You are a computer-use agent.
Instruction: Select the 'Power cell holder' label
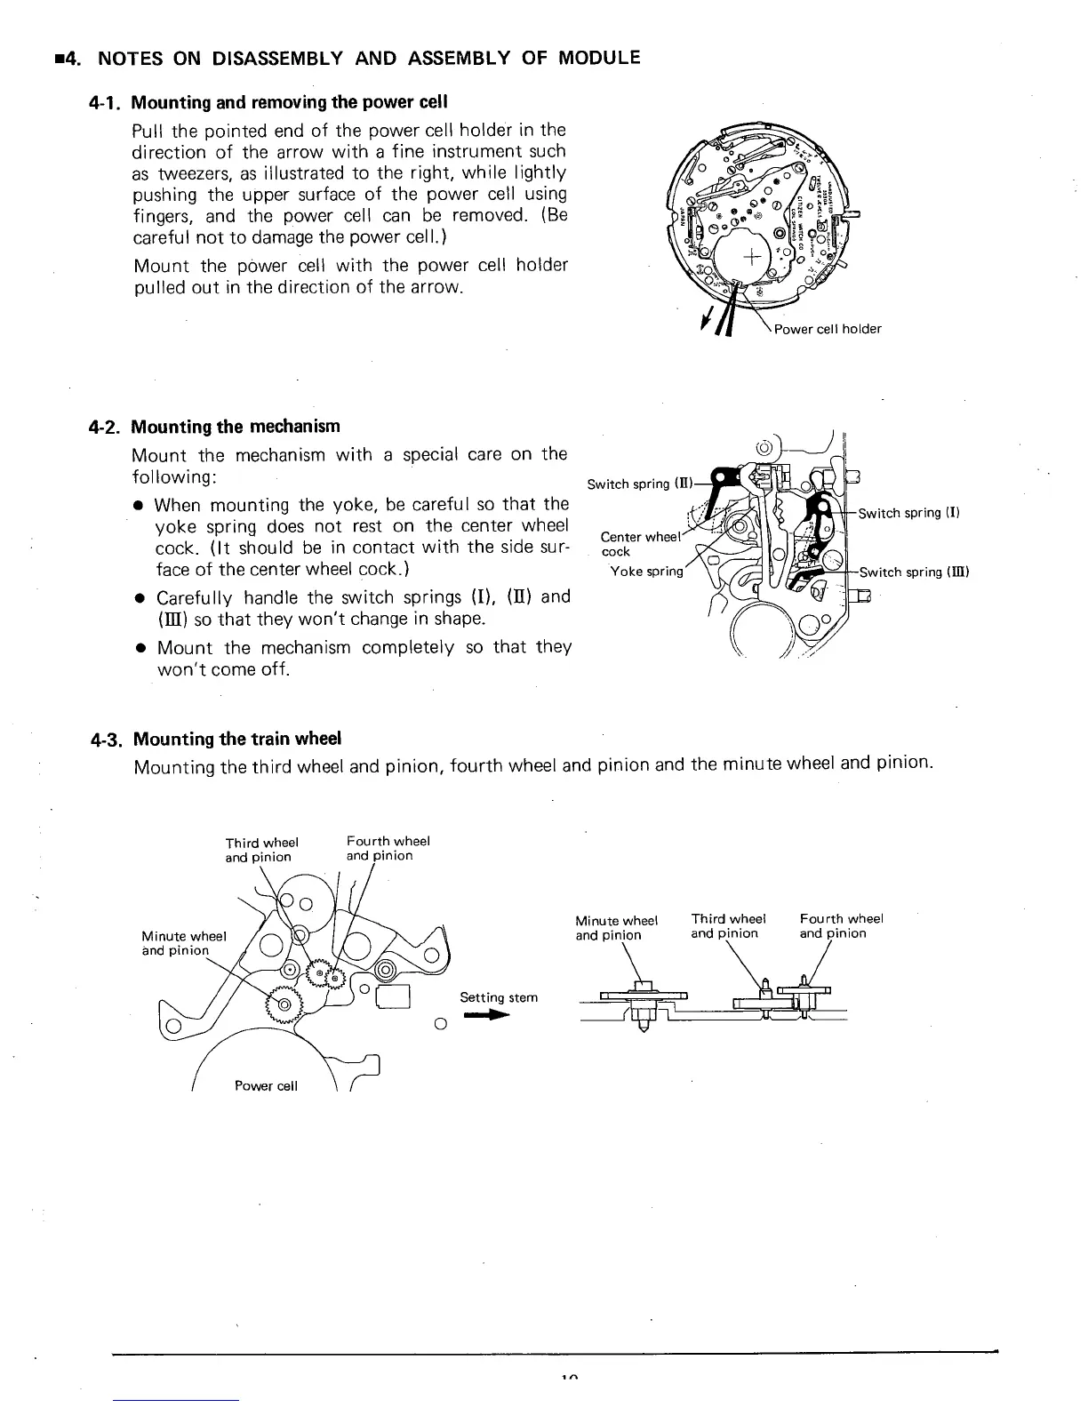[828, 330]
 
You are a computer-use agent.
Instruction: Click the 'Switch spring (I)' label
[908, 514]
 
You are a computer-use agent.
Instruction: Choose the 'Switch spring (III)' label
[913, 572]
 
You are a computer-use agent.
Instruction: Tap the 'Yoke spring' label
[646, 572]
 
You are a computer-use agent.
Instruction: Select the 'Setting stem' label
[499, 997]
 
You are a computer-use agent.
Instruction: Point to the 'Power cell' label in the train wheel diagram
[267, 1085]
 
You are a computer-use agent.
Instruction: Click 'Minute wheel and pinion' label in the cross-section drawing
[615, 928]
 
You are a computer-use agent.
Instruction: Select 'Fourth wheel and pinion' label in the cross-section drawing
[841, 926]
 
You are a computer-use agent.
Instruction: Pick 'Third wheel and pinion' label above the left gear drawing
[261, 850]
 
